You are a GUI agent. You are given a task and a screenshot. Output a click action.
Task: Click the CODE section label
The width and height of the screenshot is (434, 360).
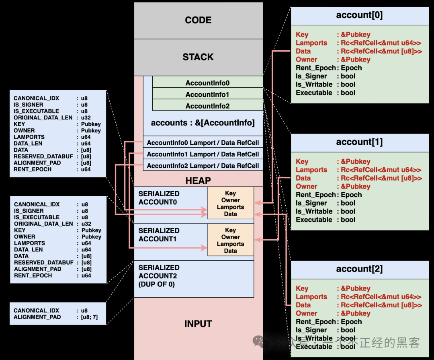(x=198, y=20)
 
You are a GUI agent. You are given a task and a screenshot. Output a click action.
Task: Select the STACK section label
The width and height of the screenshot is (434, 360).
(x=198, y=57)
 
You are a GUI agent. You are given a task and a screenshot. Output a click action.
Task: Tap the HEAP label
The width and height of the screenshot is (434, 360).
(x=198, y=181)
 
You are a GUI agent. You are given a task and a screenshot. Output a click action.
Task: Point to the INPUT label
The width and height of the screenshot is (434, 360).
(x=198, y=324)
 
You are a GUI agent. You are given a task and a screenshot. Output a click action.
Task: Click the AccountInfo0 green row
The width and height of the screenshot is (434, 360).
(x=207, y=83)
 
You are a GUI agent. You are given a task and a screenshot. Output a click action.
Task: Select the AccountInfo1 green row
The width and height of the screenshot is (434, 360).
(x=207, y=95)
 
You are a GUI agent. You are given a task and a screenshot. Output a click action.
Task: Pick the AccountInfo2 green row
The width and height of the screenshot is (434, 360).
(x=207, y=106)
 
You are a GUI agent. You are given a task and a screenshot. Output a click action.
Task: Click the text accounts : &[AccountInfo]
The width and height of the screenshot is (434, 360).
(x=203, y=123)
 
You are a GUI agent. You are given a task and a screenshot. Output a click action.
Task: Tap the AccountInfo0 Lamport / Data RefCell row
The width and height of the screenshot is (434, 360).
(x=203, y=143)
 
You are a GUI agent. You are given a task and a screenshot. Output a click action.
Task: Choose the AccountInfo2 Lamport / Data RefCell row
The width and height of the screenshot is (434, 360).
(x=203, y=166)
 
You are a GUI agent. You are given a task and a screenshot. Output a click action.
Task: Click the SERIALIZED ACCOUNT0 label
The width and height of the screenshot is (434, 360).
(x=158, y=198)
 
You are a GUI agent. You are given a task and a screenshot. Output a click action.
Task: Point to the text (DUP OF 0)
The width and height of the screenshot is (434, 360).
(x=157, y=284)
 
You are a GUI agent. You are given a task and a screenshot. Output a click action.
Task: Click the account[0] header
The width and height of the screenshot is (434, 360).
(x=359, y=16)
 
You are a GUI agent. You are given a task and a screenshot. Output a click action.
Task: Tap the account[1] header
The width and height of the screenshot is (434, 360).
(x=359, y=142)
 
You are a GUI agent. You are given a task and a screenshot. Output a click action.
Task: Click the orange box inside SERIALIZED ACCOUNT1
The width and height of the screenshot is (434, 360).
(x=231, y=240)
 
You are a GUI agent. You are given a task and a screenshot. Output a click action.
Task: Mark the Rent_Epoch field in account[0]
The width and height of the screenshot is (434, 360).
(x=315, y=68)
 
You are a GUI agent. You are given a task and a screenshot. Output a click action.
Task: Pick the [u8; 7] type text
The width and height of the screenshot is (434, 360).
(x=89, y=317)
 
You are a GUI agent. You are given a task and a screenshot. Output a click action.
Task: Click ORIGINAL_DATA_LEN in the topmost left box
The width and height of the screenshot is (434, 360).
(x=43, y=117)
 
